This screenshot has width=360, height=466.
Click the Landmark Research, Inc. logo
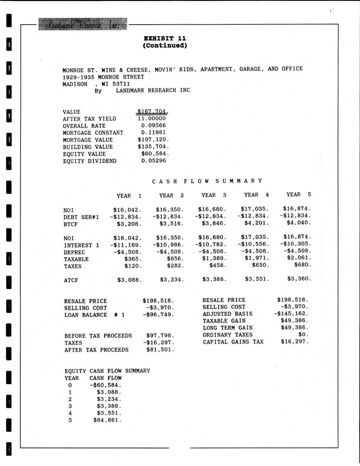(x=83, y=24)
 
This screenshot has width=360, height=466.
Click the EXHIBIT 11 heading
(x=165, y=38)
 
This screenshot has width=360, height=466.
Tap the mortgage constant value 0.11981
(x=154, y=133)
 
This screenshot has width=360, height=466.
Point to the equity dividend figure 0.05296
(x=154, y=161)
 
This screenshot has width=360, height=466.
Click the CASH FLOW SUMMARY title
(x=207, y=181)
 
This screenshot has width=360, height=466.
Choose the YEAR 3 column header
(x=214, y=195)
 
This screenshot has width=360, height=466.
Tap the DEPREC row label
(x=74, y=252)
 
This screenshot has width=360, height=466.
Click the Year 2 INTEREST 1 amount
(x=168, y=245)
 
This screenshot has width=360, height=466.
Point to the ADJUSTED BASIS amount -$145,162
(x=291, y=314)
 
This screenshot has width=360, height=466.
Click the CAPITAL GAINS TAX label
(x=233, y=342)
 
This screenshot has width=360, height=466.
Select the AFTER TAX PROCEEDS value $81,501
(x=160, y=350)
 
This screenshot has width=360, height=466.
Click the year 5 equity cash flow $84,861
(x=107, y=420)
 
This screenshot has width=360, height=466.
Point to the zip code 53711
(x=121, y=84)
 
